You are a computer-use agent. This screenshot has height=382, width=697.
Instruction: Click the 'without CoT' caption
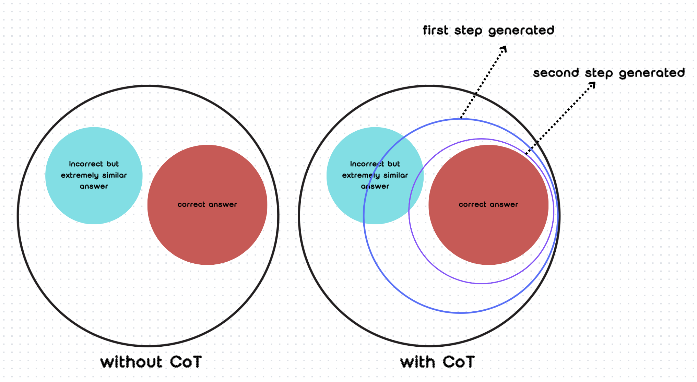point(151,362)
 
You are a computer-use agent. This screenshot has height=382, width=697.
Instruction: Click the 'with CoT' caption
point(437,362)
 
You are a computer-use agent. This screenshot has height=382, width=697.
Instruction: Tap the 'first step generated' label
point(488,31)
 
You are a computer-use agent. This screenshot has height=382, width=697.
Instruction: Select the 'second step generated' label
point(609,73)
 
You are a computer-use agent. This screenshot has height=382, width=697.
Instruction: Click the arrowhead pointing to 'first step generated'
point(504,49)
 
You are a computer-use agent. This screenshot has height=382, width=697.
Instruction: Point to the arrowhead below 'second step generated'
point(592,85)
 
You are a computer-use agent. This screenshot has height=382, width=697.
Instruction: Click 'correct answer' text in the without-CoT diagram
point(207,204)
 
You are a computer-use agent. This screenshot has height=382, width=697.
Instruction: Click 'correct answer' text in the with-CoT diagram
point(488,204)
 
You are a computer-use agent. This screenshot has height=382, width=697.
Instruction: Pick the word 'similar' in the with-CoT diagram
point(396,175)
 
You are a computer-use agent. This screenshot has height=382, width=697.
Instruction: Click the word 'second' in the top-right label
point(556,73)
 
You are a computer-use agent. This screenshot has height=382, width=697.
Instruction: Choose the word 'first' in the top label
point(436,31)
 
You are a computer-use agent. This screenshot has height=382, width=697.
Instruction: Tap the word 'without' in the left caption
point(131,362)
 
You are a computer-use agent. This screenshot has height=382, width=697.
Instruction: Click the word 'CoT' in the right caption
point(459,362)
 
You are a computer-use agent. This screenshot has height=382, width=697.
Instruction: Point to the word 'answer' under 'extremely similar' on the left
point(94,187)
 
